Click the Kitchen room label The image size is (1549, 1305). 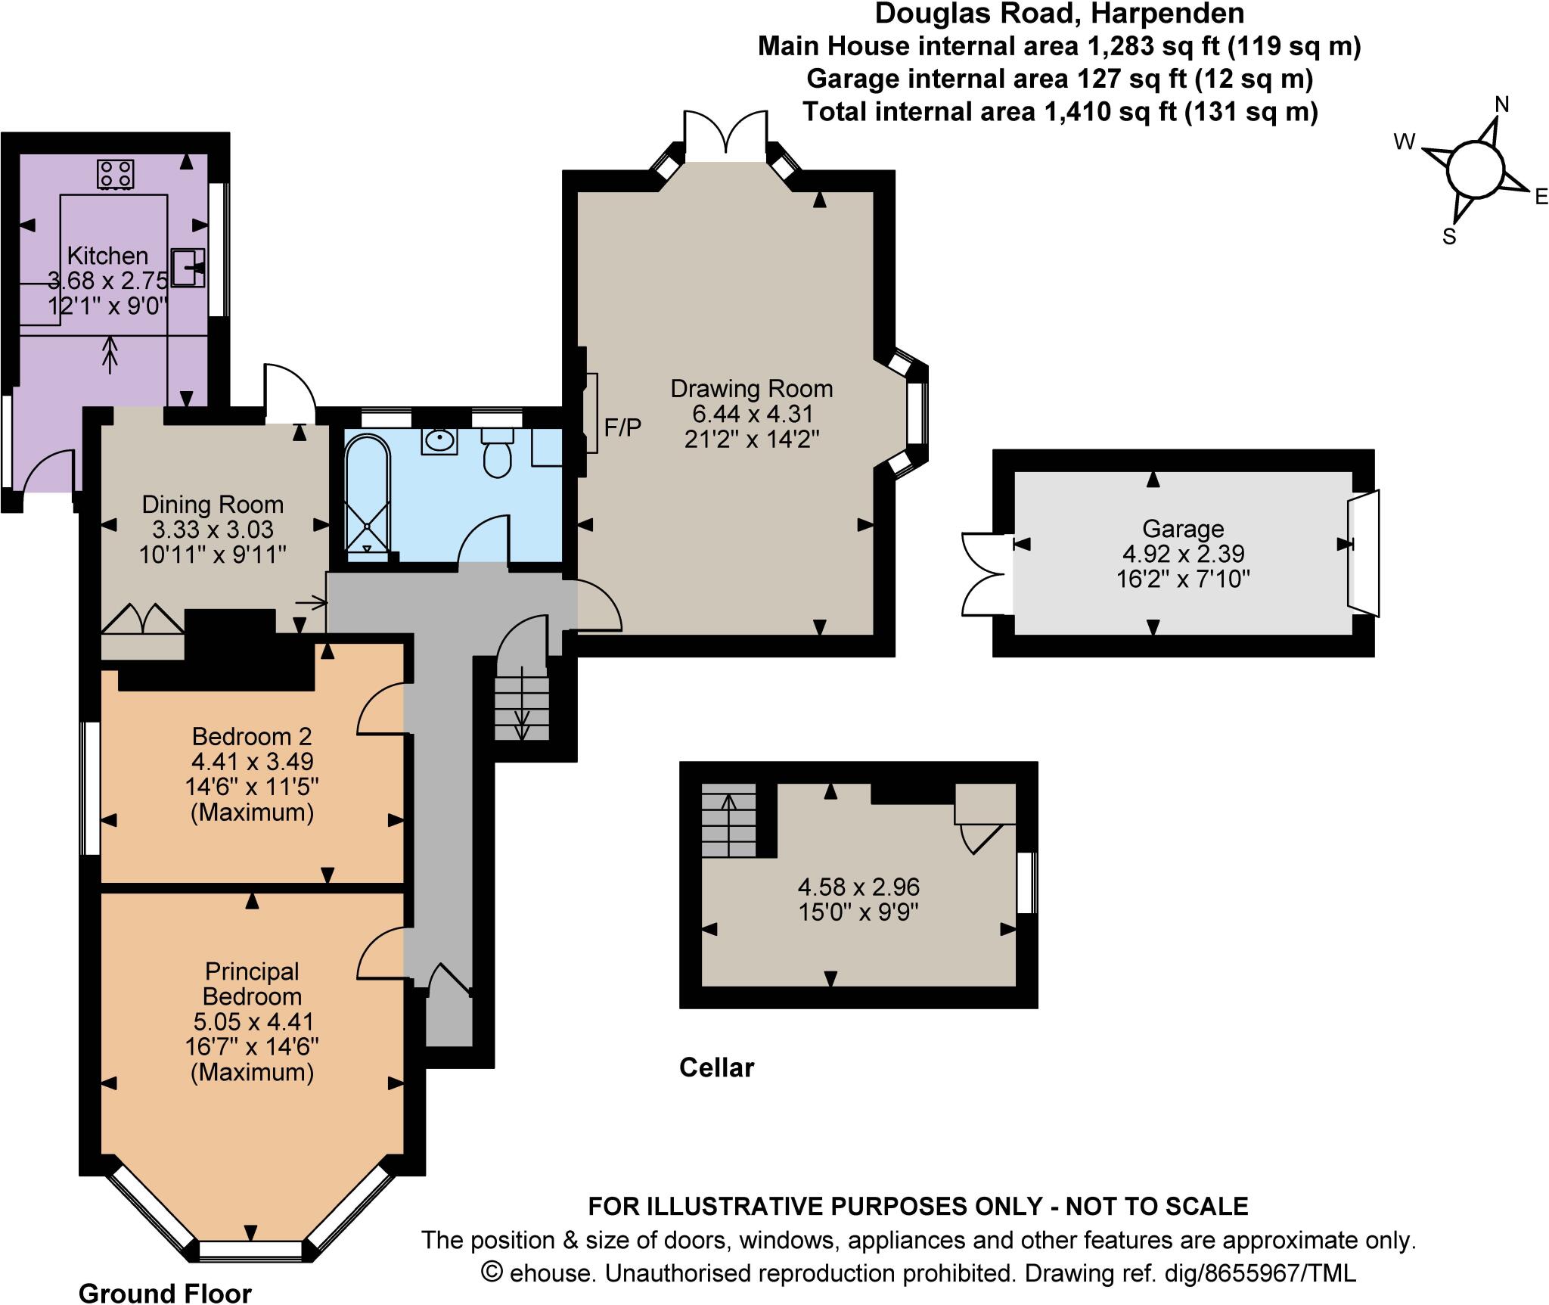107,256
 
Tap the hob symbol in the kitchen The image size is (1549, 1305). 116,173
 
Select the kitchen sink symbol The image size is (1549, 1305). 188,268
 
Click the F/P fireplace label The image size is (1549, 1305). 622,428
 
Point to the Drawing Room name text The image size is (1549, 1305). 751,389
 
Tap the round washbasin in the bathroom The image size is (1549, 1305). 439,440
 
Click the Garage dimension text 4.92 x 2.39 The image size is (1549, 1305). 1183,554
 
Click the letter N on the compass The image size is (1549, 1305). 1502,104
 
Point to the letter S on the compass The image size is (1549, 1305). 1449,238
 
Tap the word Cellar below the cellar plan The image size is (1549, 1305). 716,1067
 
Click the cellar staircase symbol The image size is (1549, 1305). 728,820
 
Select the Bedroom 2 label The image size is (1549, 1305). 252,735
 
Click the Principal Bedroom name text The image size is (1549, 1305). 252,983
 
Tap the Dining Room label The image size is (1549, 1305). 213,505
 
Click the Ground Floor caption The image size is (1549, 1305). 165,1293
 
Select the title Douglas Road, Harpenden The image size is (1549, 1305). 1059,14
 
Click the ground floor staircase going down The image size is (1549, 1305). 522,704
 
